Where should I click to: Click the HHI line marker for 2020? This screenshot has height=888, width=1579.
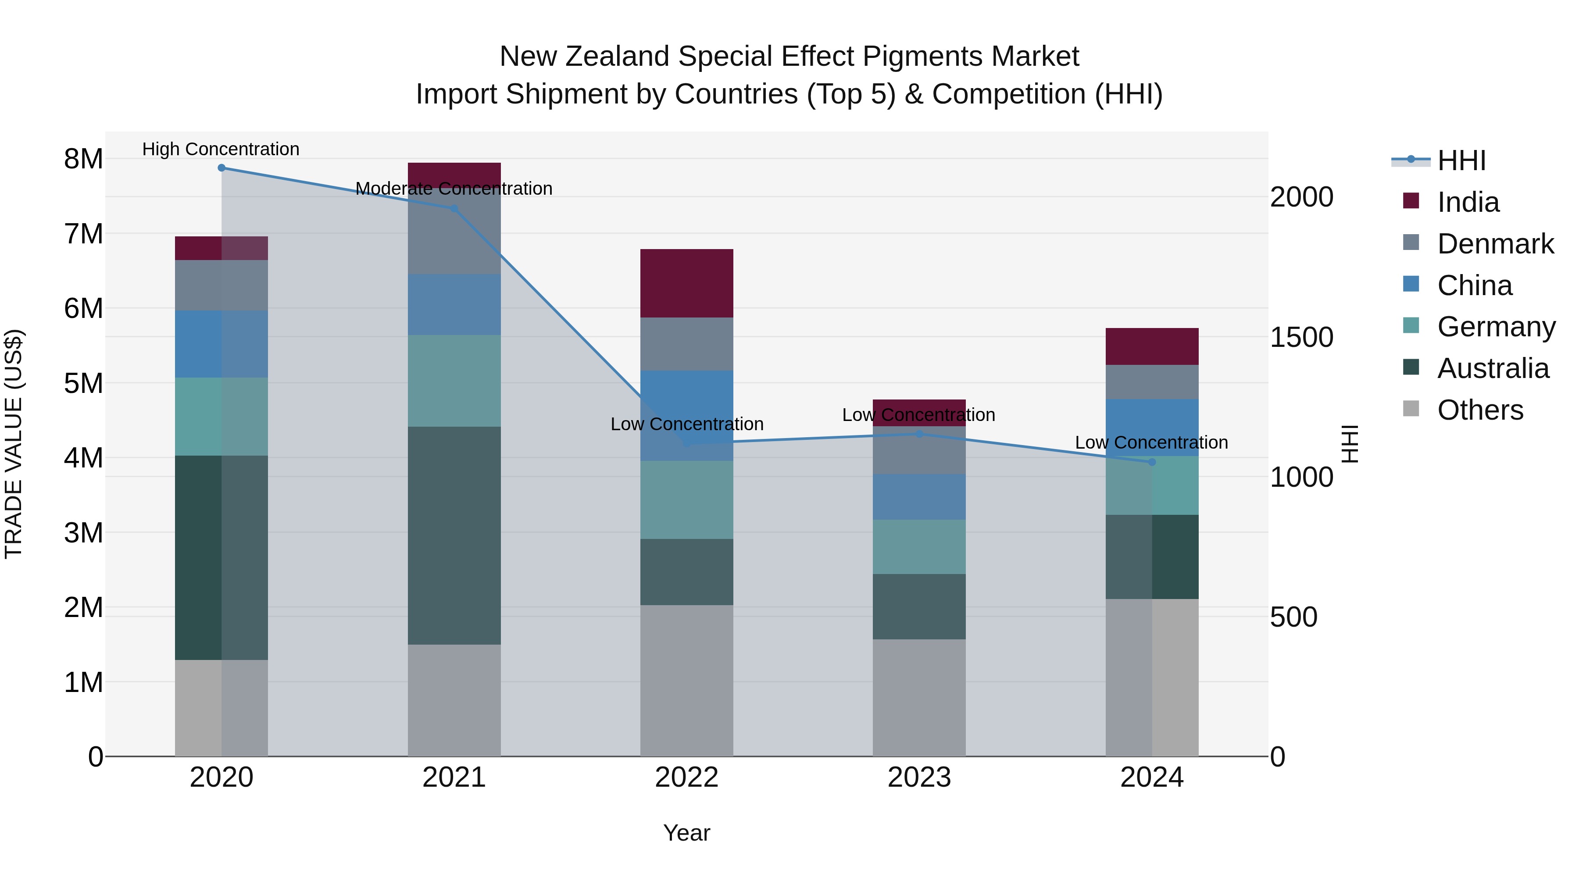[221, 168]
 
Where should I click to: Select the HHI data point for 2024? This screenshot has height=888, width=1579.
[1152, 462]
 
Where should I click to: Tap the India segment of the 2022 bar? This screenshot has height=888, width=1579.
[686, 283]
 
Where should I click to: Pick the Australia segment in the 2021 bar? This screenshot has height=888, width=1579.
[454, 535]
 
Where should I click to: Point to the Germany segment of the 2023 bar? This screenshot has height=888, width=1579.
[919, 547]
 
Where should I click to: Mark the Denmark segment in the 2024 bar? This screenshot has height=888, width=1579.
[1152, 382]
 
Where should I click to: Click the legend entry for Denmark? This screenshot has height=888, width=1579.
[1495, 244]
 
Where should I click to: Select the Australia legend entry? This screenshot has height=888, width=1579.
[1493, 368]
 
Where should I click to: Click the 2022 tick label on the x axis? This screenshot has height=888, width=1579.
[686, 777]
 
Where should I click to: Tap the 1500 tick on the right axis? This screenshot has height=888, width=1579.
[1301, 337]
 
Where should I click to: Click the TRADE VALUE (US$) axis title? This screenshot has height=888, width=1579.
[14, 444]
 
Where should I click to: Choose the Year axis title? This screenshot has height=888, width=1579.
[686, 833]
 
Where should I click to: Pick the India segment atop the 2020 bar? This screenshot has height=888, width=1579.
[221, 248]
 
